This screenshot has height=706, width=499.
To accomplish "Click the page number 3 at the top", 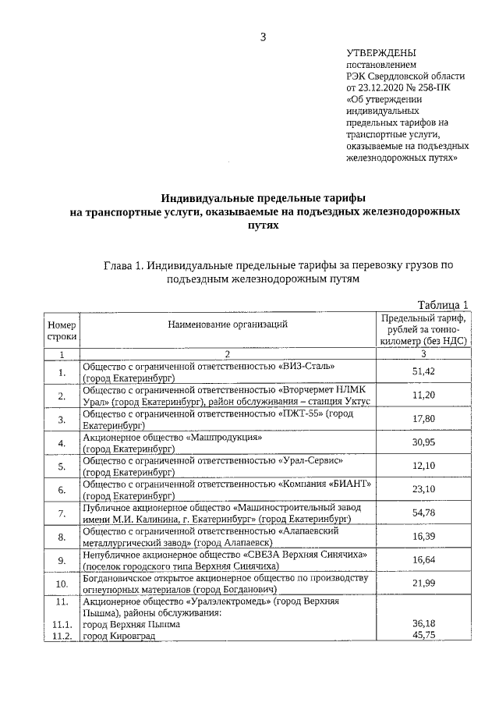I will click(264, 36).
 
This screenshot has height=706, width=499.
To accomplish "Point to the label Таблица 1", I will click(442, 304).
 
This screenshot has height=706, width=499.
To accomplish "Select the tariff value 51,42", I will click(423, 371).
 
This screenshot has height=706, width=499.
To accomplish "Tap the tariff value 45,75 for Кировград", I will click(423, 636).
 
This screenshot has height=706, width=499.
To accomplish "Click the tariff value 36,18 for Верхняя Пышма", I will click(423, 624).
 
